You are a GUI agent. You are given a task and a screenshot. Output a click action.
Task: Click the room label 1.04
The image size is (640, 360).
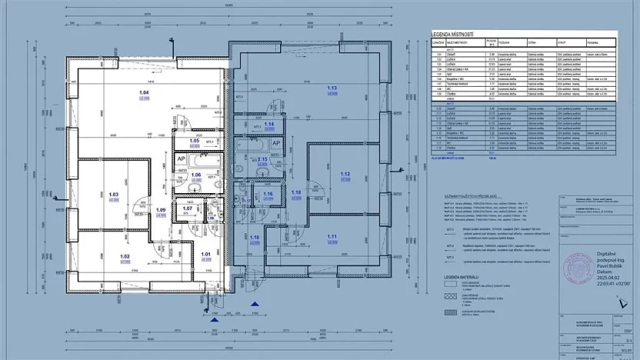pyautogui.click(x=143, y=92)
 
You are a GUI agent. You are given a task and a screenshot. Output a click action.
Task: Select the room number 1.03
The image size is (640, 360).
pyautogui.click(x=114, y=195)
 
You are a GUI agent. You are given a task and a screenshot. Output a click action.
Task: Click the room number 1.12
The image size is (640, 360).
pyautogui.click(x=345, y=174)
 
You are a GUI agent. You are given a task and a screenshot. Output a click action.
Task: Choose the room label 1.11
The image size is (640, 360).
pyautogui.click(x=332, y=236)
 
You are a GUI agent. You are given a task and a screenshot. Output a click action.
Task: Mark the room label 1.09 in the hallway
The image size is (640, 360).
pyautogui.click(x=161, y=210)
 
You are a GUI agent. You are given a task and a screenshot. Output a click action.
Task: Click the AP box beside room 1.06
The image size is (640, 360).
pyautogui.click(x=181, y=159)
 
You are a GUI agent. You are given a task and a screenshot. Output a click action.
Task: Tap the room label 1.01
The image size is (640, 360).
pyautogui.click(x=205, y=254)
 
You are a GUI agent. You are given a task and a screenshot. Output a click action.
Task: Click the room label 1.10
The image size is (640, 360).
pyautogui.click(x=255, y=238)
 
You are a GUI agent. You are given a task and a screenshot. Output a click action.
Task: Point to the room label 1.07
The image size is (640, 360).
pyautogui.click(x=187, y=208)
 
